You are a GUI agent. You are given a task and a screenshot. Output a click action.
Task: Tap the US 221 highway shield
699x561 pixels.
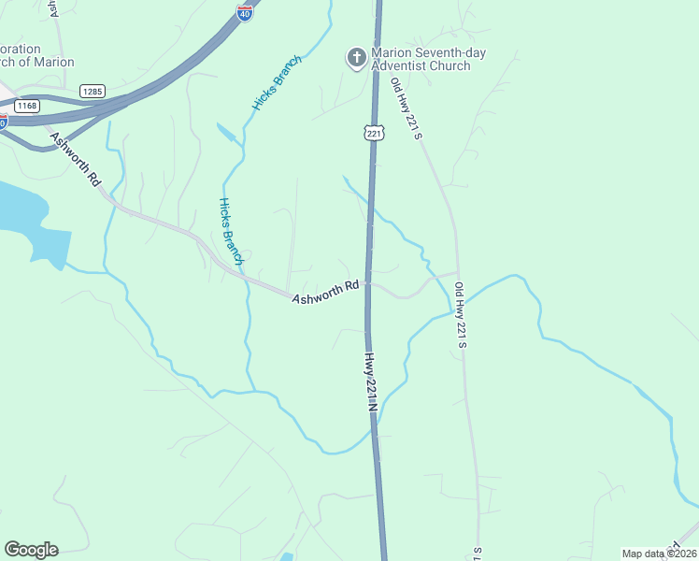375,133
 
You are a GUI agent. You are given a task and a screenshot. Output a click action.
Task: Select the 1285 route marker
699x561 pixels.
92,91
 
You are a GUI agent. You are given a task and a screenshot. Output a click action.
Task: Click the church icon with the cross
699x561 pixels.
356,59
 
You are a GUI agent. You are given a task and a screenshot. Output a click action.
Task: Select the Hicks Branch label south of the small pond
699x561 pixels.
231,230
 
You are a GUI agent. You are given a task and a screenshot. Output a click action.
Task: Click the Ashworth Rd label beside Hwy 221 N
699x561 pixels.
326,292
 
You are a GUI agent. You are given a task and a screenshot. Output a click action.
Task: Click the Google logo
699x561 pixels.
31,550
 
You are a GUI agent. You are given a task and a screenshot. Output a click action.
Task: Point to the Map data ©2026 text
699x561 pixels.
660,554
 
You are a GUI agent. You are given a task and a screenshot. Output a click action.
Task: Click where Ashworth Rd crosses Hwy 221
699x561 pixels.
369,283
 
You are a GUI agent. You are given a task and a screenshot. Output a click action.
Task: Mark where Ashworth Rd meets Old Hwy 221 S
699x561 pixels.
457,274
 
